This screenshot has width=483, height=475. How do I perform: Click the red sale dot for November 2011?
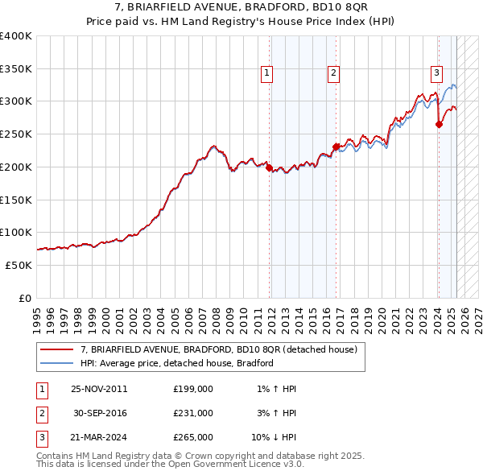tap(269, 168)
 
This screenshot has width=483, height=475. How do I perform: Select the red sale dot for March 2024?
tap(439, 125)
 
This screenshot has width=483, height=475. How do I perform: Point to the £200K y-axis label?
tap(16, 167)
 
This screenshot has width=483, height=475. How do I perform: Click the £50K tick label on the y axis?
tap(19, 265)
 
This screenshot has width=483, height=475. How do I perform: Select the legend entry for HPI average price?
tap(177, 363)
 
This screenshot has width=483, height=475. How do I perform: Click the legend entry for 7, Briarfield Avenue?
tap(223, 349)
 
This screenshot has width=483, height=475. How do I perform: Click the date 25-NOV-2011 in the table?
tap(99, 389)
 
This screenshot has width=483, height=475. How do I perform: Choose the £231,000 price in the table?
tap(193, 413)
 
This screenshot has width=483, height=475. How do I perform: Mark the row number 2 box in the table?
tap(41, 413)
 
